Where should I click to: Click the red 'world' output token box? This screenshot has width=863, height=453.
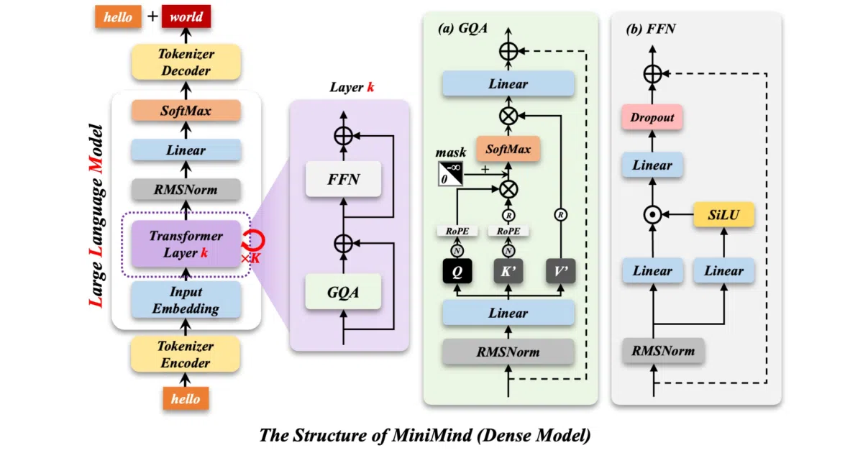coord(186,17)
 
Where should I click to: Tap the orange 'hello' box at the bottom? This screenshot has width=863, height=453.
coord(186,398)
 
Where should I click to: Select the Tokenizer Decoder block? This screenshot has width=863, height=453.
coord(186,62)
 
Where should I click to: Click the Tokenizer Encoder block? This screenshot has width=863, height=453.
coord(186,354)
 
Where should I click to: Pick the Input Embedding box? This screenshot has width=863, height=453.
coord(186,300)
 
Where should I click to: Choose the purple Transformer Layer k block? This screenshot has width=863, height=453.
coord(186,244)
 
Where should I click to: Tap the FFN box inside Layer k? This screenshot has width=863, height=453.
coord(343,179)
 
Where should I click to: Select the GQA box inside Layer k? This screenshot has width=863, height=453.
coord(343,292)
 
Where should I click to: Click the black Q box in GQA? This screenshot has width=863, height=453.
coord(457,271)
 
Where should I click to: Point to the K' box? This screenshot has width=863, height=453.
coord(508,271)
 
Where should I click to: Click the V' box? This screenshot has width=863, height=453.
coord(560,271)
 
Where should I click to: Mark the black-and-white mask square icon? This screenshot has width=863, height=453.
coord(450,174)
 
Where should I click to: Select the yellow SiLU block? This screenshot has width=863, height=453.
coord(723,214)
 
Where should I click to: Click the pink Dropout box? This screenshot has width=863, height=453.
coord(652,117)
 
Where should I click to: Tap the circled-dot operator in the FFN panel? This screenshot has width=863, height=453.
coord(653,215)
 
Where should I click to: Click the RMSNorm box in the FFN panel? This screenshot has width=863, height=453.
coord(663,351)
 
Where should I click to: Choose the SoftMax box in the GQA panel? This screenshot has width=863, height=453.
coord(508,149)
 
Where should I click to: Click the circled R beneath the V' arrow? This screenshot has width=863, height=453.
coord(560,214)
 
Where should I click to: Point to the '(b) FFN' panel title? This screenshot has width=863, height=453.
coord(650,29)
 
